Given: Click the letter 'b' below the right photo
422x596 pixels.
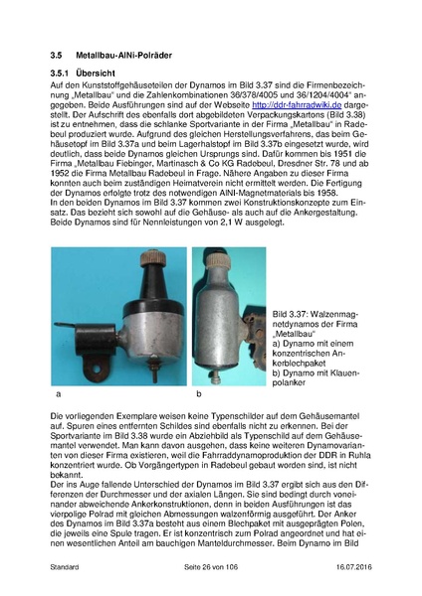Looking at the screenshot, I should (x=199, y=395).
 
